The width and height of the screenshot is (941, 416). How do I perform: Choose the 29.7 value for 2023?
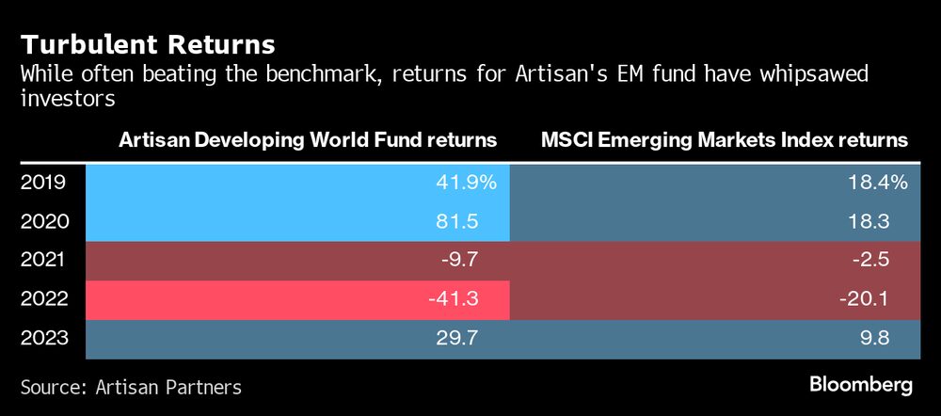(476, 338)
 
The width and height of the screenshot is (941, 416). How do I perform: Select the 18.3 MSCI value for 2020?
(887, 222)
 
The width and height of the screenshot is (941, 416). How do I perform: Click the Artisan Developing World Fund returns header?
(308, 140)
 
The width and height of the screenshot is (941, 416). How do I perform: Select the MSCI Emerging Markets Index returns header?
(725, 140)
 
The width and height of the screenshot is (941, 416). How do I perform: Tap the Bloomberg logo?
(861, 385)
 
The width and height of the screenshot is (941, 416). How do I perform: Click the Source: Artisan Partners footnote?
(131, 386)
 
